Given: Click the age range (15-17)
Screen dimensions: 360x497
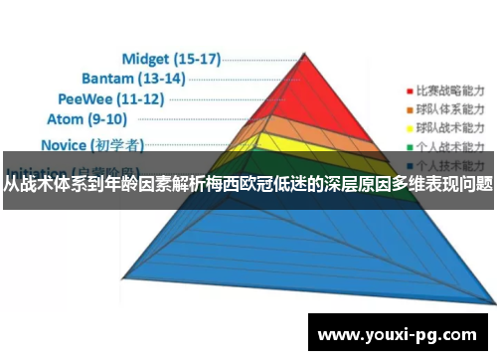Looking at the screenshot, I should [197, 59].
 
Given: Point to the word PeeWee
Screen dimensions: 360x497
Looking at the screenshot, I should [88, 99].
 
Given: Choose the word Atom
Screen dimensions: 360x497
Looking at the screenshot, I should [66, 119].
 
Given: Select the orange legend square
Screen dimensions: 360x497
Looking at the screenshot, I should [408, 107].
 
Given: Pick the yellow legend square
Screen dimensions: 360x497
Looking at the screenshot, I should [408, 128].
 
